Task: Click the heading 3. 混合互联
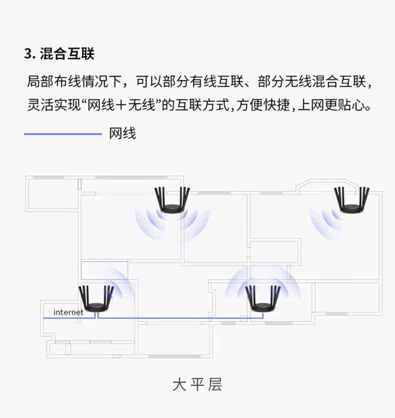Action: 59,54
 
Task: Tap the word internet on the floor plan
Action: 68,312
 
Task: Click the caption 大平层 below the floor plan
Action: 197,385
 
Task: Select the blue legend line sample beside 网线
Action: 62,134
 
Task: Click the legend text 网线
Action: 122,134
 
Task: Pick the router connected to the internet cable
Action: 96,299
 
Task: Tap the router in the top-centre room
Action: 172,200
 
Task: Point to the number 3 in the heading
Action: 27,54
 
